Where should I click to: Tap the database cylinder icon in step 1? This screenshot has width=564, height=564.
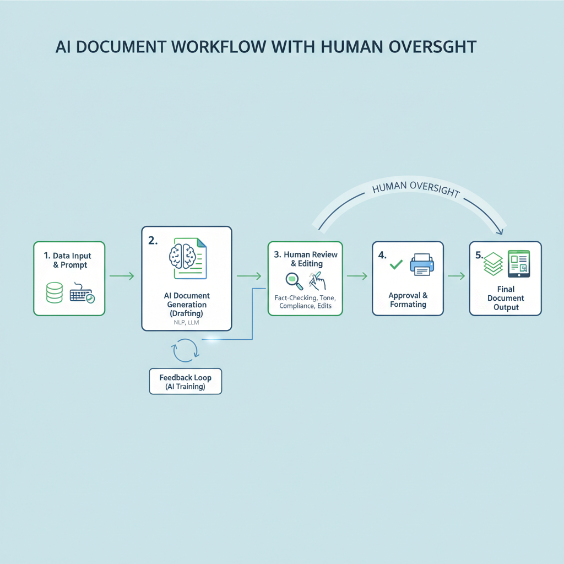pos(55,292)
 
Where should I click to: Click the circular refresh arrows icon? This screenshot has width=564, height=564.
pos(185,350)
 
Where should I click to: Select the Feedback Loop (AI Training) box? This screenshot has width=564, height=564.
pos(185,382)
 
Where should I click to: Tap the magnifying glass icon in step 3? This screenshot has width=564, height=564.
pos(293,280)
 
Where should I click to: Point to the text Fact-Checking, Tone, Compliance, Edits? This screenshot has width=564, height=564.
pos(305,301)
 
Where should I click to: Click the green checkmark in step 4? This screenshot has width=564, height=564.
pos(395,265)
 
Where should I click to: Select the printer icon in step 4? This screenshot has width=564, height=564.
pos(422,264)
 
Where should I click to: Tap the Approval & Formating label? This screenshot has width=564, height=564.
pos(408,300)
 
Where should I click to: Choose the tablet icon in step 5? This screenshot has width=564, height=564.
pos(519,264)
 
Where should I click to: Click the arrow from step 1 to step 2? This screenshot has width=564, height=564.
pos(122,276)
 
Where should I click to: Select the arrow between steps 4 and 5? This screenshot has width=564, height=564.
pos(455,276)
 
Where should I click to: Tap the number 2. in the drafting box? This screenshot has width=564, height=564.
pos(153,240)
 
